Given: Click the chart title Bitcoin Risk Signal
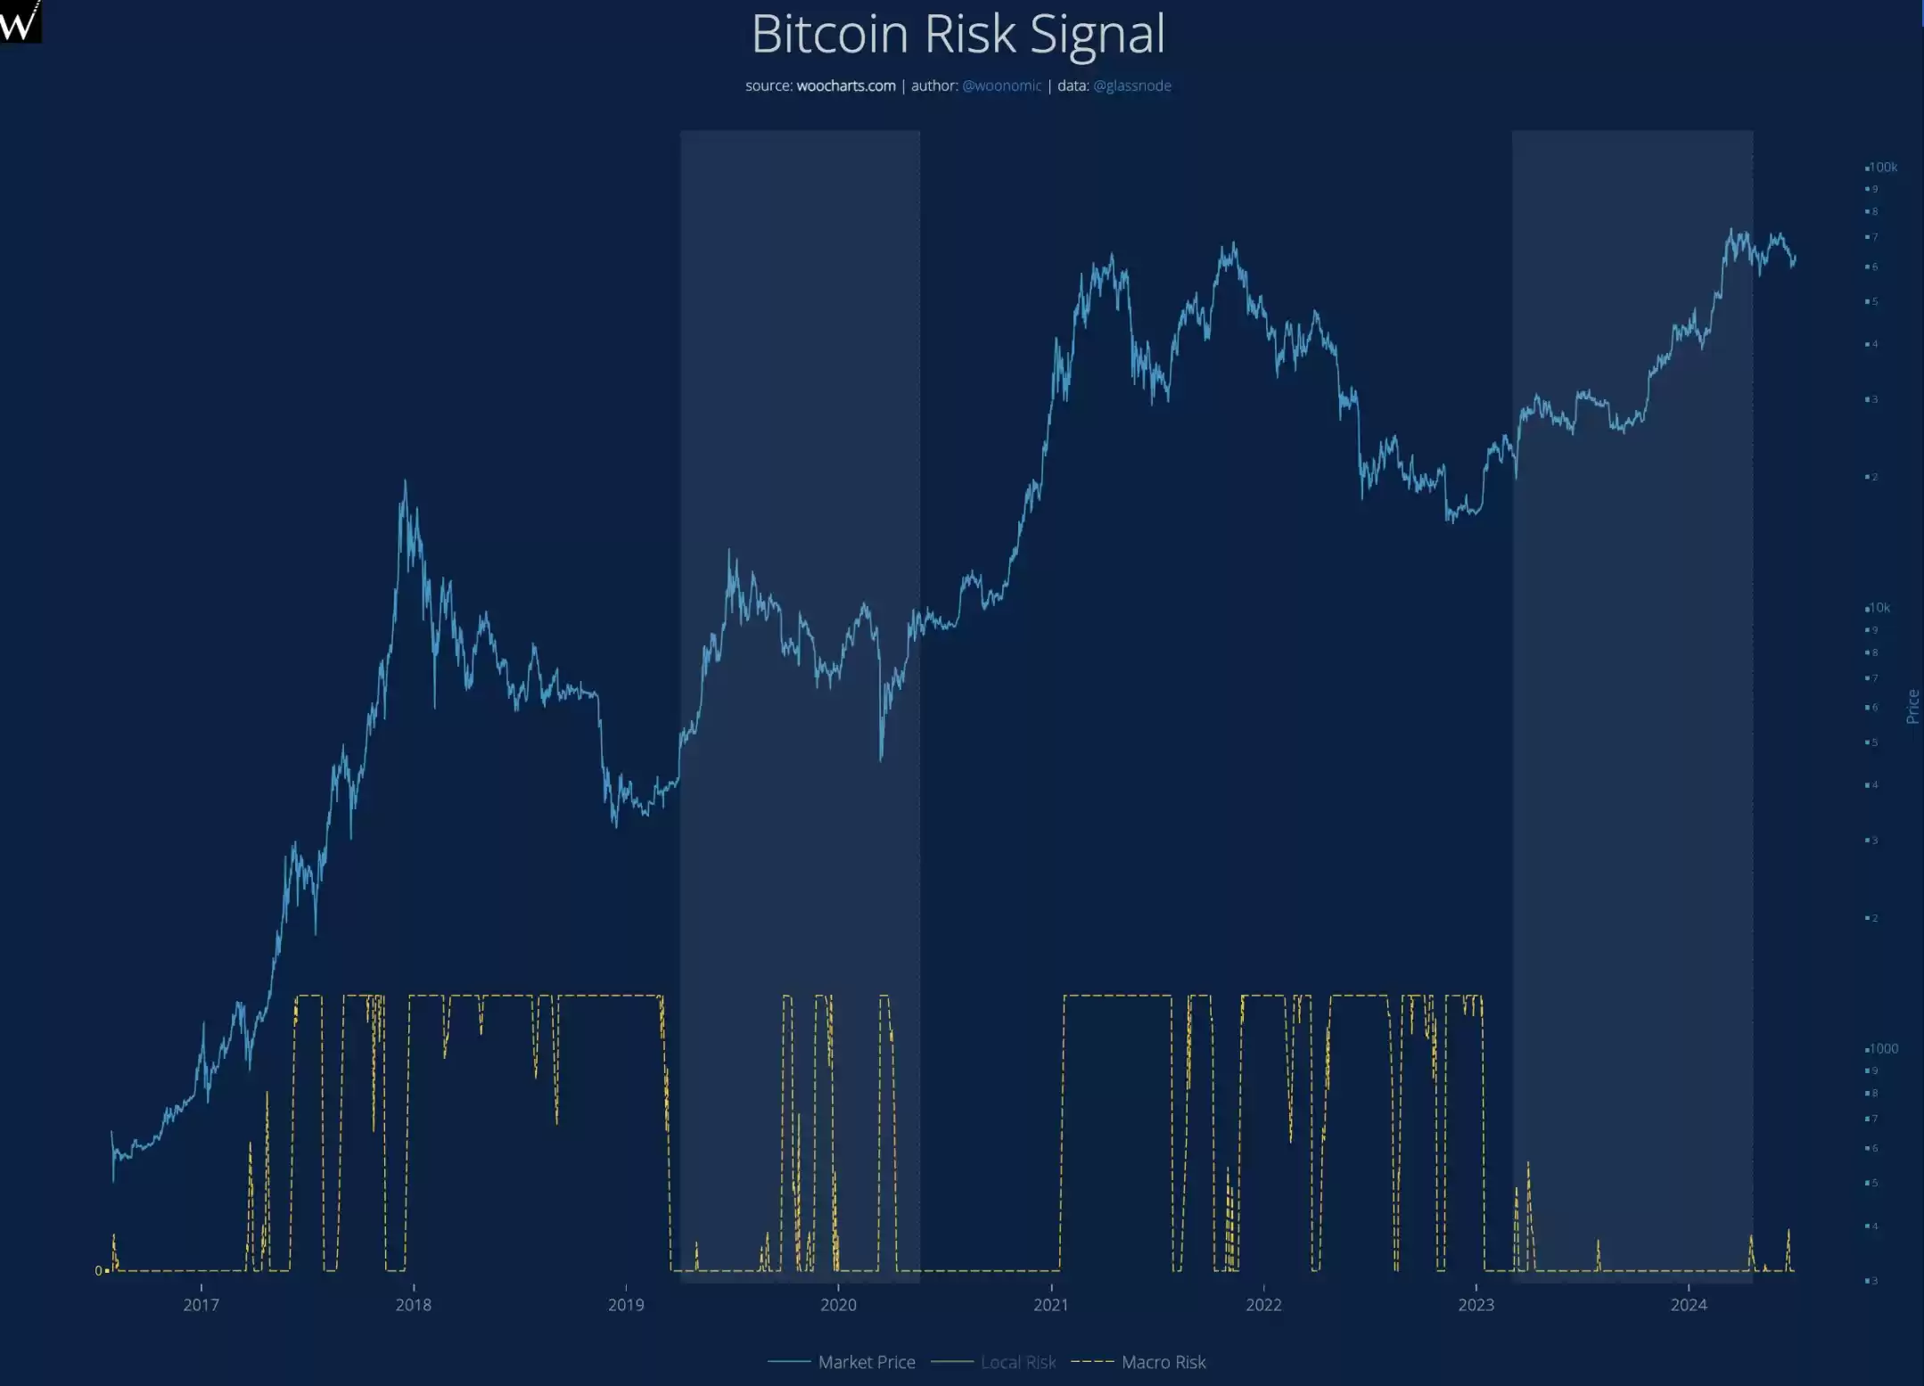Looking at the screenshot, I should click(958, 34).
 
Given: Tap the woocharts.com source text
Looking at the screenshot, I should click(845, 86).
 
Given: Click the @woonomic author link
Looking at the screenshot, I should click(1001, 86).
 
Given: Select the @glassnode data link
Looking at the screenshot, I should click(1131, 86).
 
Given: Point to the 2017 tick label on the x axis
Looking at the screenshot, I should click(201, 1305).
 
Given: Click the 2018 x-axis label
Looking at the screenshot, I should click(413, 1305).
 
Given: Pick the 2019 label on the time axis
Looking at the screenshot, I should click(626, 1305).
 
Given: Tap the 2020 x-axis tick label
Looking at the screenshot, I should click(838, 1305).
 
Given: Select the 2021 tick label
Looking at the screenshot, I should click(1050, 1305).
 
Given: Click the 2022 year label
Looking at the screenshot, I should click(1263, 1305).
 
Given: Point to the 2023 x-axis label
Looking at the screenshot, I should click(1476, 1305).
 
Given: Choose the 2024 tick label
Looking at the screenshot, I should click(1688, 1305).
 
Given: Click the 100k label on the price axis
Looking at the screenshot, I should click(1883, 168).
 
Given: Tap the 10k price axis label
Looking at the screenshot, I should click(1879, 608).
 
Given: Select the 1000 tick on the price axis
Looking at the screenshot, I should click(1883, 1049).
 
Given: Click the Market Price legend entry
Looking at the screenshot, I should click(866, 1362).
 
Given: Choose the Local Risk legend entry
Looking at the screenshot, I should click(1017, 1362).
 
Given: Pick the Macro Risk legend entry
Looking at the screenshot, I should click(1163, 1362).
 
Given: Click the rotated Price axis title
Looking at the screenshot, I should click(1912, 706).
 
